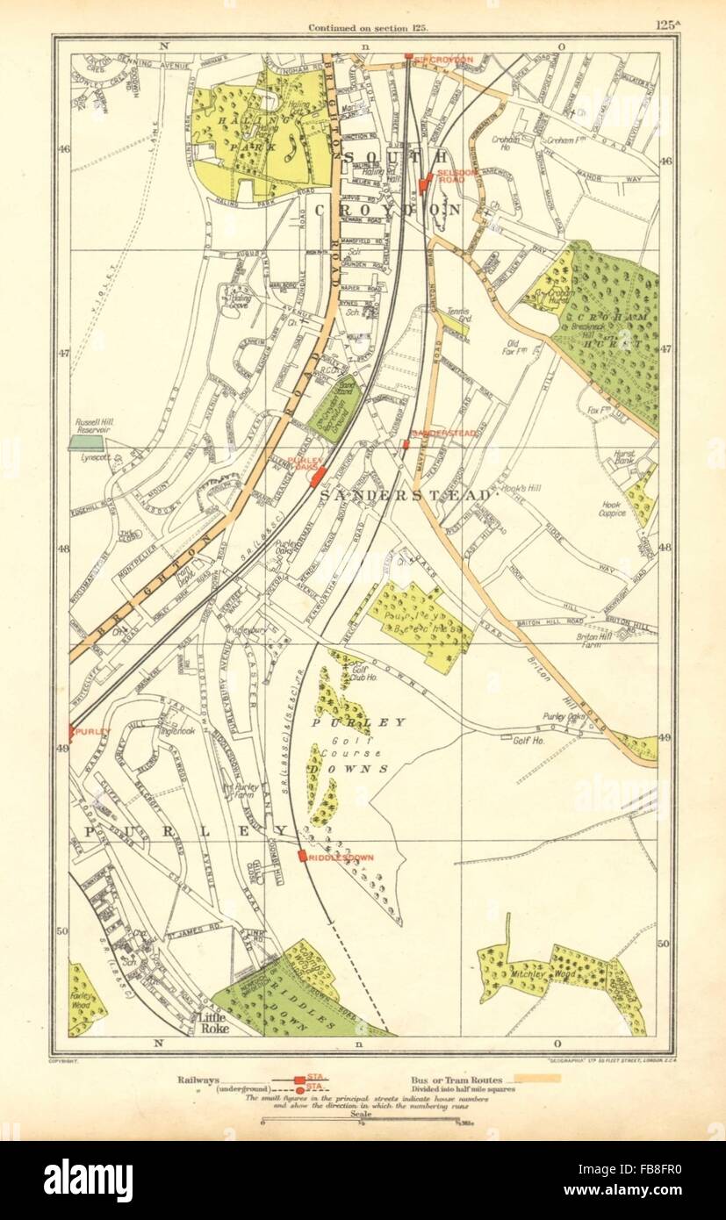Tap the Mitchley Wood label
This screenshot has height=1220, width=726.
527,973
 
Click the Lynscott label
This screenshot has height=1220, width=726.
89,458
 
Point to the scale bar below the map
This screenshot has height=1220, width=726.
361,1120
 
